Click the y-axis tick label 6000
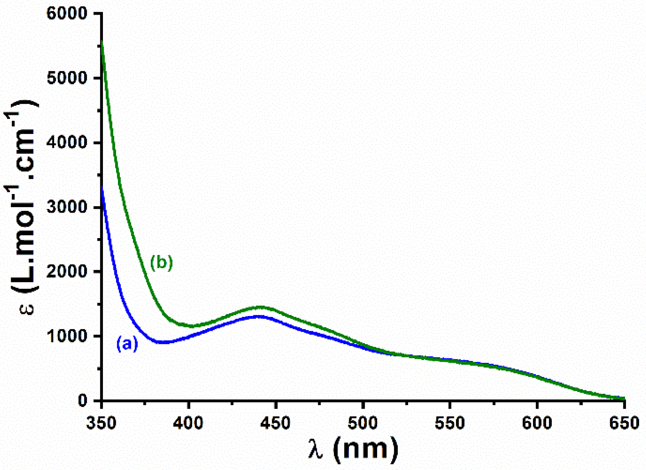tap(67, 14)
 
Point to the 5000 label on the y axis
tap(67, 78)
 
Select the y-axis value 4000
tap(67, 143)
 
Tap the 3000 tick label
tap(67, 207)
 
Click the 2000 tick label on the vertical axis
tap(67, 272)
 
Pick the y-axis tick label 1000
tap(67, 336)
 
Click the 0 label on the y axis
tap(83, 401)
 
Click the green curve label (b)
tap(161, 263)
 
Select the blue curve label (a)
tap(127, 344)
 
